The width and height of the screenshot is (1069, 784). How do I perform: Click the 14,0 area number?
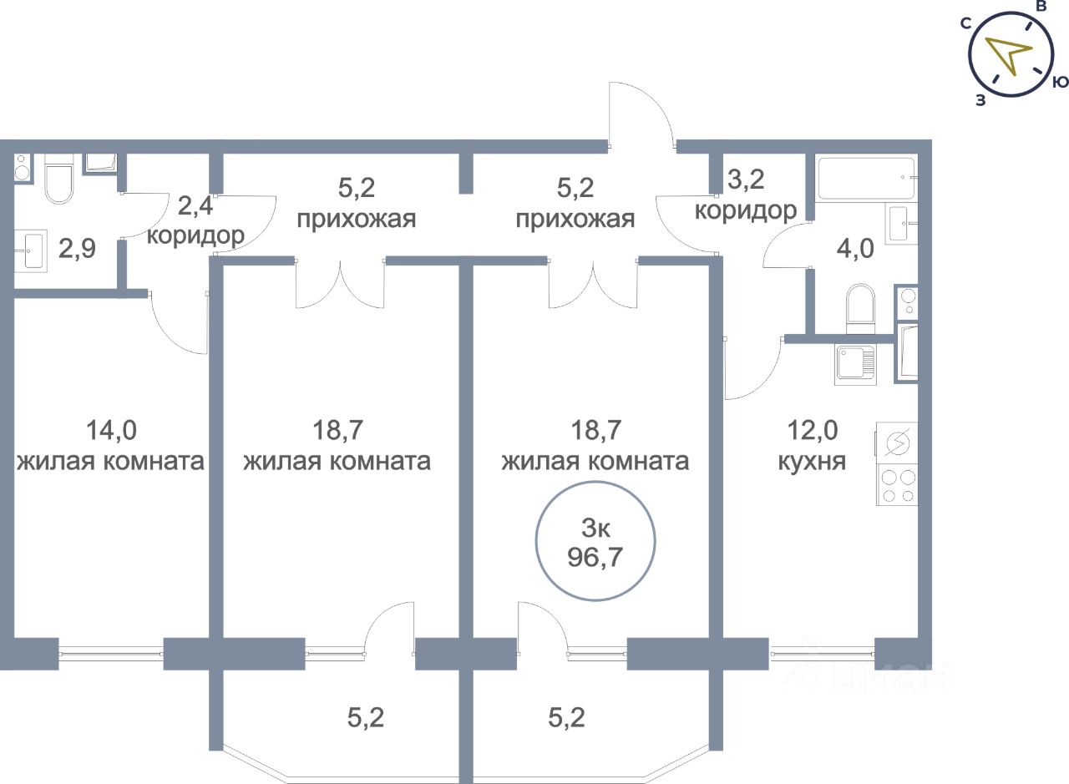[x=111, y=430]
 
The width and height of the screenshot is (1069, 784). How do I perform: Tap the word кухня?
[x=812, y=462]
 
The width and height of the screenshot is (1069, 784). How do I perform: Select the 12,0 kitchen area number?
[x=813, y=430]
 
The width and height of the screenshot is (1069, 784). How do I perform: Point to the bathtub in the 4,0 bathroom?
[x=867, y=178]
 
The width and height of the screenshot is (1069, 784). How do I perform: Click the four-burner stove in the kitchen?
[x=897, y=487]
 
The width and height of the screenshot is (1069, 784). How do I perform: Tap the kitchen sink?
[x=856, y=365]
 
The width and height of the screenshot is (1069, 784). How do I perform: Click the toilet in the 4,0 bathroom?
[x=860, y=309]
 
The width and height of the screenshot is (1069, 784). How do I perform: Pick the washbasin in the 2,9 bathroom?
[x=31, y=251]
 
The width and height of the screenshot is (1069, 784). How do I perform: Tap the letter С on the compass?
[x=966, y=23]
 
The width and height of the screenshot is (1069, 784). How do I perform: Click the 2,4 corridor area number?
[x=195, y=206]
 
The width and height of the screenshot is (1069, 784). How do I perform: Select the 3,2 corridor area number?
[x=746, y=180]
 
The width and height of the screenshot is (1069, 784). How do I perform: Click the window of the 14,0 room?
[x=111, y=654]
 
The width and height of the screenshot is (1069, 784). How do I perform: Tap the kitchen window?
[x=822, y=654]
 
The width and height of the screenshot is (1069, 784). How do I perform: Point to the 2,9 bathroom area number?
[x=78, y=249]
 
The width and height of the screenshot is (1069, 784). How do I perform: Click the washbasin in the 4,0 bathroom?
[x=903, y=224]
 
